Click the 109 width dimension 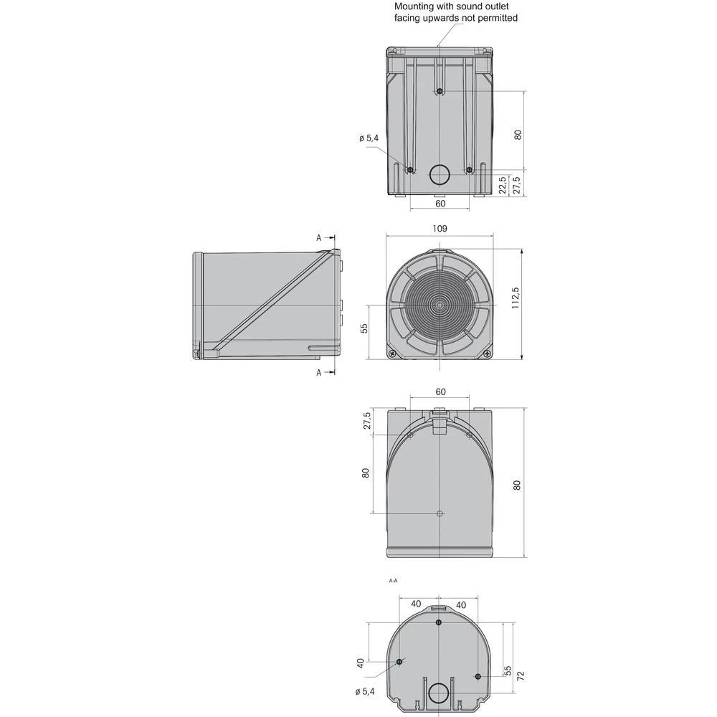(440, 228)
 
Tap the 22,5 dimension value (503, 184)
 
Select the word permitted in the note (495, 18)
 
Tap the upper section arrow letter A (319, 237)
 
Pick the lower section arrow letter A (319, 372)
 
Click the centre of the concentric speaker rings (440, 305)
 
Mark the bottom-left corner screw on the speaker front (391, 353)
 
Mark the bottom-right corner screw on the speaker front (488, 353)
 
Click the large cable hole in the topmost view (440, 174)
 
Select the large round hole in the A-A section (437, 693)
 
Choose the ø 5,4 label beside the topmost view (368, 138)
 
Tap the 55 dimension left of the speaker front (364, 328)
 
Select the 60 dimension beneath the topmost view (440, 203)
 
